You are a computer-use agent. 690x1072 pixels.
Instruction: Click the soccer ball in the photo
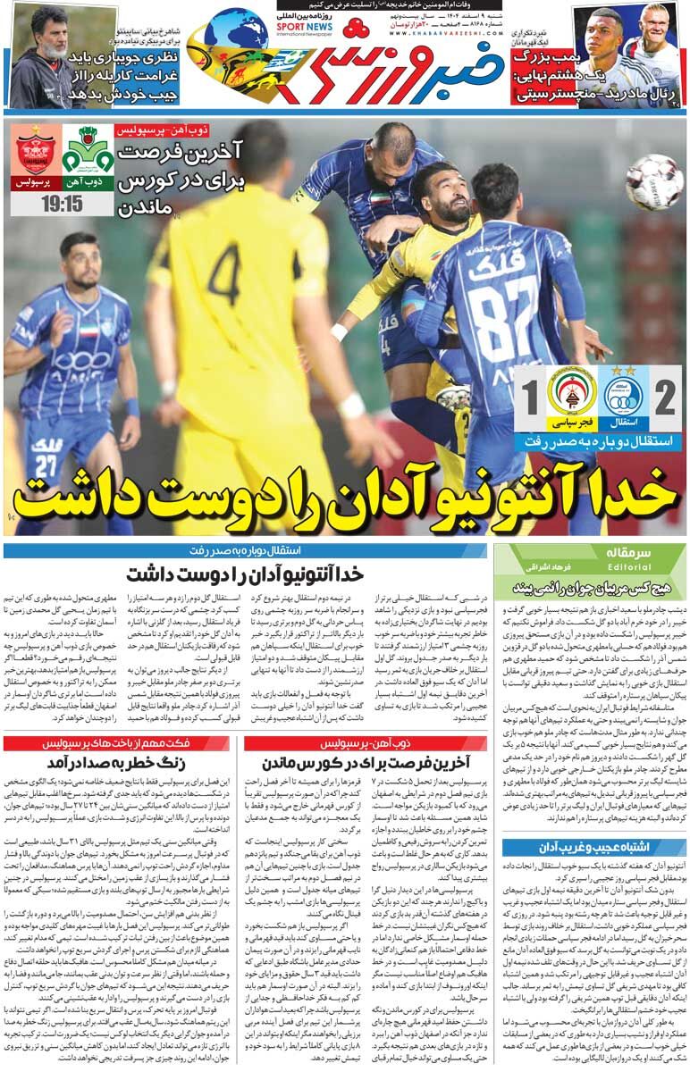[654, 182]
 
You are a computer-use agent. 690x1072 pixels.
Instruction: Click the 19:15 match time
[62, 203]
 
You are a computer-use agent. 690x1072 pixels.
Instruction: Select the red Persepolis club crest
[36, 154]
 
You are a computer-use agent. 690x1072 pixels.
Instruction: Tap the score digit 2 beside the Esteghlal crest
[665, 393]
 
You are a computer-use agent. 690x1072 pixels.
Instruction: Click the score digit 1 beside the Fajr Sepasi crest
[528, 393]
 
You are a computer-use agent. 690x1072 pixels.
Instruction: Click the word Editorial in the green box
[610, 566]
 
